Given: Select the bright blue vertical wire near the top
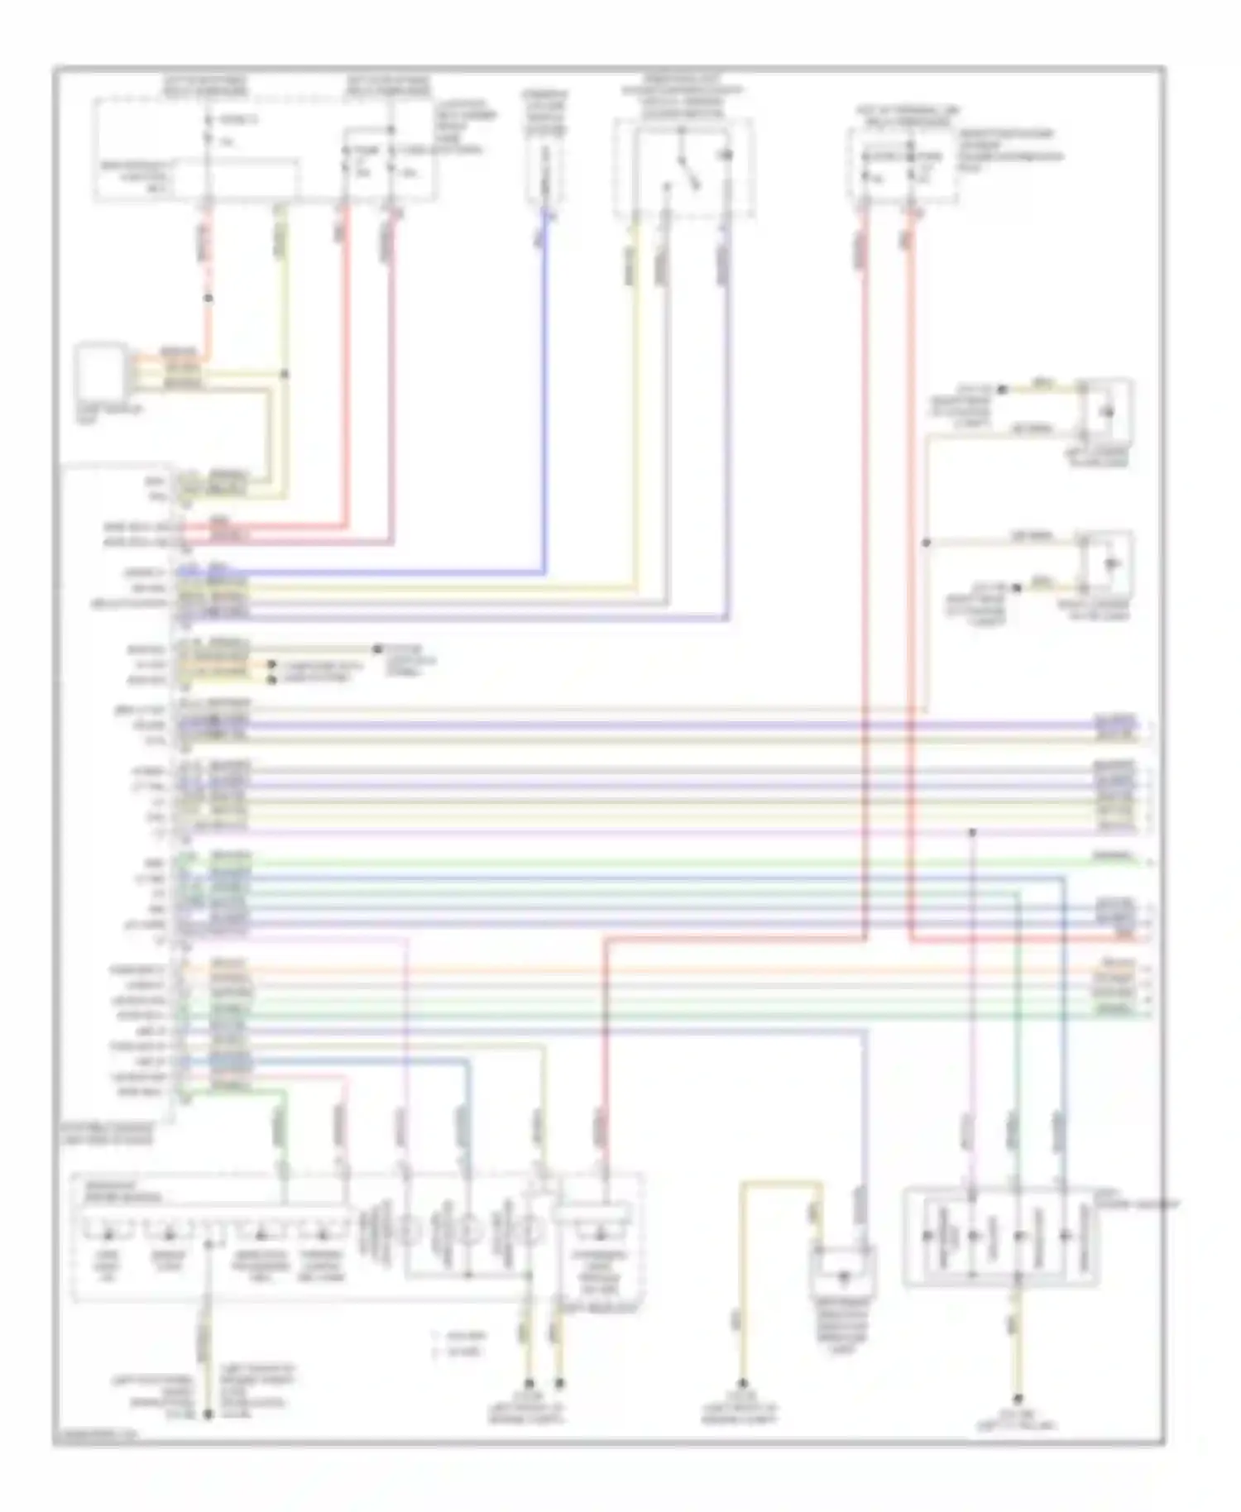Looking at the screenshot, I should (544, 372).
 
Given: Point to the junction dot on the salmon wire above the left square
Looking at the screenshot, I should (208, 298).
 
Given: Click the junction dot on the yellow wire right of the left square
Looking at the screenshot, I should (285, 375).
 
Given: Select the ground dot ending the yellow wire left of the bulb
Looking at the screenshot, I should (742, 1384).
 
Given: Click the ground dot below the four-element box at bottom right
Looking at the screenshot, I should (1018, 1399).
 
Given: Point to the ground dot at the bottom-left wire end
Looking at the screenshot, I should (208, 1414).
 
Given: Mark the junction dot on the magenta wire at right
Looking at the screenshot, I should (973, 832).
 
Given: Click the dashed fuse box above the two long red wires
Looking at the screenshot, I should (902, 165).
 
